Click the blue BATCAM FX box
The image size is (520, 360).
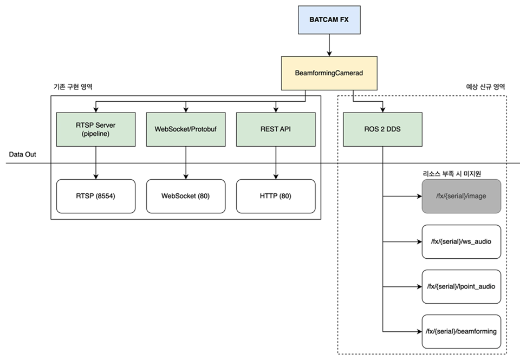point(329,20)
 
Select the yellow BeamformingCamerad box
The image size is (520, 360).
point(329,73)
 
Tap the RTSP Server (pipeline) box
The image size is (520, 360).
point(96,129)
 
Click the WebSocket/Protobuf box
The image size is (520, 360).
point(186,129)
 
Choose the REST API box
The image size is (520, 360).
point(276,129)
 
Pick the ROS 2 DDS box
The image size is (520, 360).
point(383,129)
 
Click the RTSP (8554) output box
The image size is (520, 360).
point(96,197)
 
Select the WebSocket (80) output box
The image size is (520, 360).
point(186,197)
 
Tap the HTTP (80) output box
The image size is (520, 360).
point(276,197)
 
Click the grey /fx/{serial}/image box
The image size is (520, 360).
point(461,197)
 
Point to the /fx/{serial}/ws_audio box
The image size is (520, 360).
point(461,241)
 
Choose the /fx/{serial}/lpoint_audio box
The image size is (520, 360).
point(461,287)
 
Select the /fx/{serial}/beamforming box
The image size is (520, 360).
point(461,331)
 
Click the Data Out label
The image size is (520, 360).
point(23,154)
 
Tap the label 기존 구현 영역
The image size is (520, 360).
point(73,87)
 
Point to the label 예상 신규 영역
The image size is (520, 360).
point(485,87)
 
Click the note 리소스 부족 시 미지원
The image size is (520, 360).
point(452,174)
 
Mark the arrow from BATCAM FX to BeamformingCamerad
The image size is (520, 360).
point(329,45)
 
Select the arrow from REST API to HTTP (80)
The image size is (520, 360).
point(276,163)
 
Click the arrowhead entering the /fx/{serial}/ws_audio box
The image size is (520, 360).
point(419,242)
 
